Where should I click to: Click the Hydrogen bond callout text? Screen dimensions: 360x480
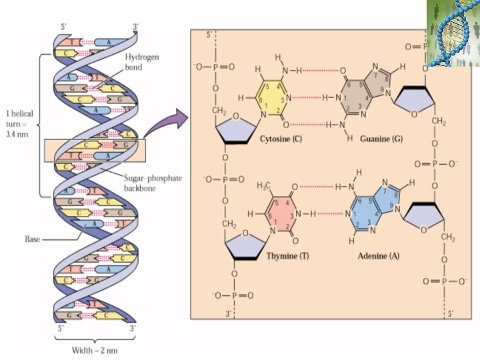[x=143, y=63]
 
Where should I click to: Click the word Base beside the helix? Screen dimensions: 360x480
[x=33, y=237]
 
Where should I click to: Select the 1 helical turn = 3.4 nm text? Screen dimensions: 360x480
[x=19, y=121]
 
